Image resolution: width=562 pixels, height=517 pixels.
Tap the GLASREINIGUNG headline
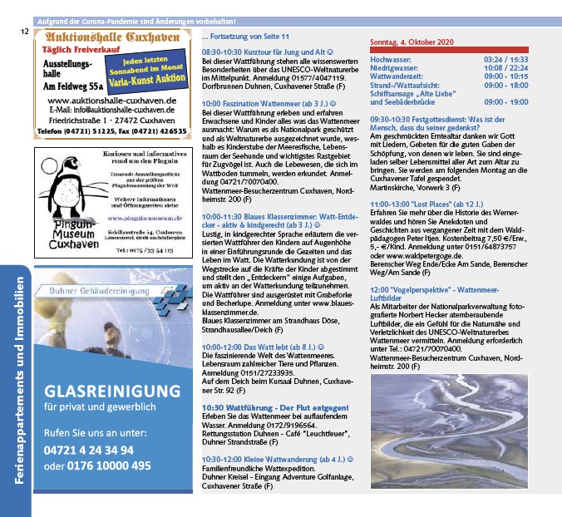click(x=112, y=391)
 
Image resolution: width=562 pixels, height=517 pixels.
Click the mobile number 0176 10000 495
click(x=109, y=465)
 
